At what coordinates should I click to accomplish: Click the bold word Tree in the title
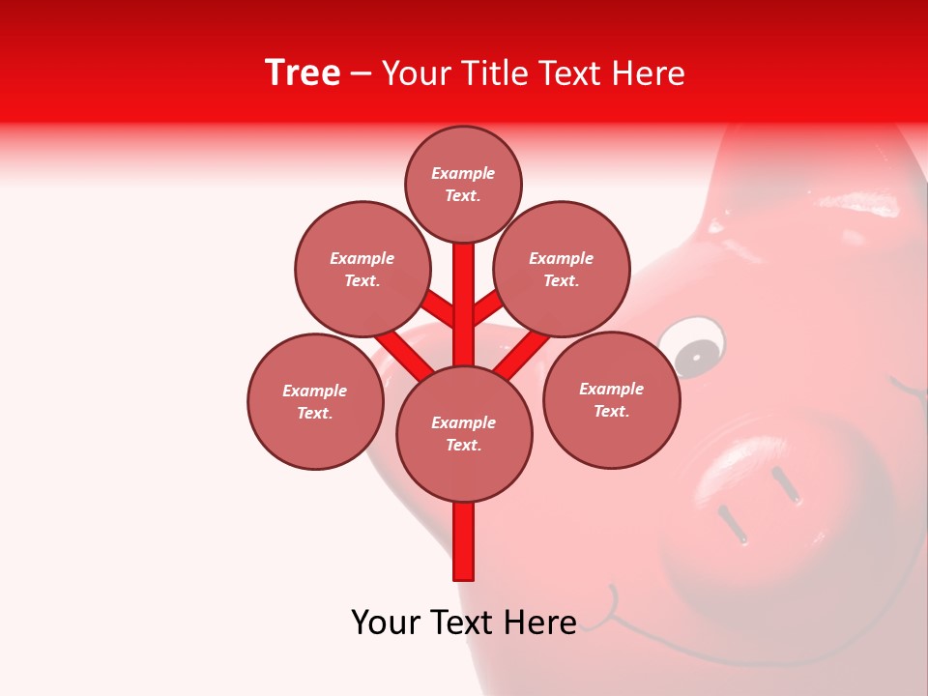[303, 73]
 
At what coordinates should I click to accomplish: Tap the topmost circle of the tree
[463, 184]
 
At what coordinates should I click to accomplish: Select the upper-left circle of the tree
[362, 269]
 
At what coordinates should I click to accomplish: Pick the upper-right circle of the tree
[562, 269]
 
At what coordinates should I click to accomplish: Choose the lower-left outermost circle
[315, 401]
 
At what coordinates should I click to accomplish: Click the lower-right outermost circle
[611, 399]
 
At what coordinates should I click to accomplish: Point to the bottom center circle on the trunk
[464, 433]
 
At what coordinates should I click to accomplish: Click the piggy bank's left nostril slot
[732, 523]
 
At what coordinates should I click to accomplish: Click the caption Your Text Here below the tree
[463, 623]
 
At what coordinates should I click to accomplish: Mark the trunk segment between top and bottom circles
[464, 304]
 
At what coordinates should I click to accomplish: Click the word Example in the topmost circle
[463, 174]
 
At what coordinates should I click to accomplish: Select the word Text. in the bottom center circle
[463, 446]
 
